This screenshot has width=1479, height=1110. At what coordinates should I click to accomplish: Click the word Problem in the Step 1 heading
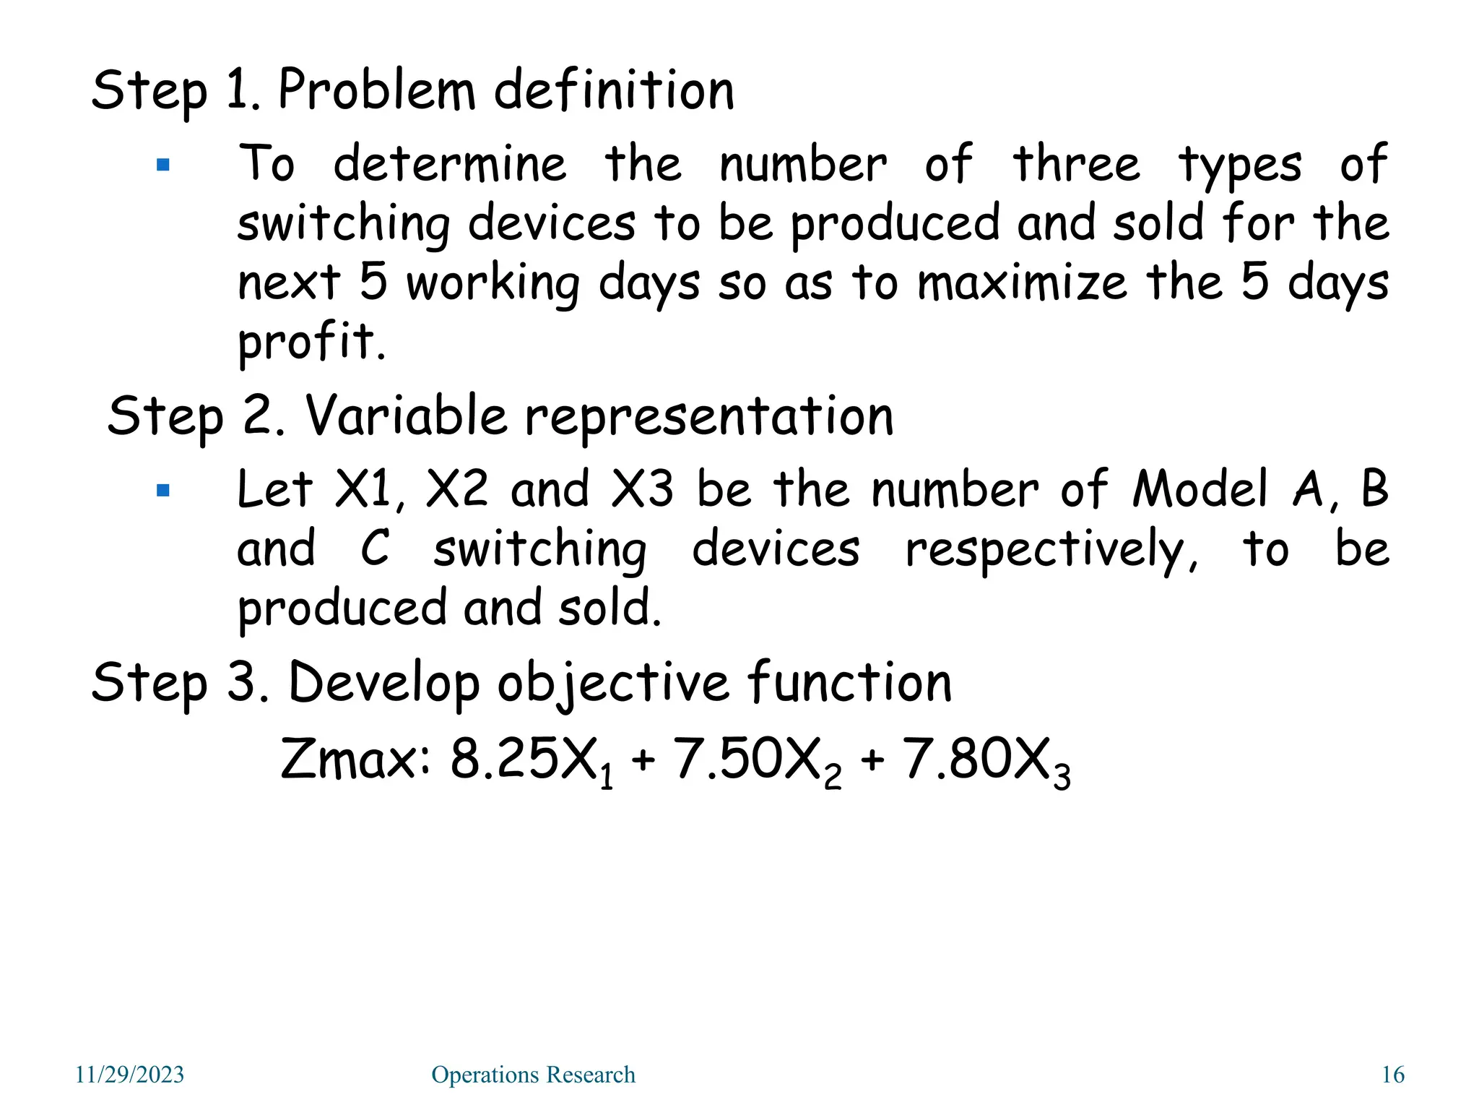tap(376, 91)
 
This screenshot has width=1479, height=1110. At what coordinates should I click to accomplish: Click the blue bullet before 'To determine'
tap(163, 165)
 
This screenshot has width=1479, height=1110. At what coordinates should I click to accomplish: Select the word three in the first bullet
tap(1076, 164)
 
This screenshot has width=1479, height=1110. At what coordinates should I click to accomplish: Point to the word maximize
tap(1021, 283)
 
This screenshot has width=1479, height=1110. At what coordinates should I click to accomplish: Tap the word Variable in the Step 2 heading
tap(406, 417)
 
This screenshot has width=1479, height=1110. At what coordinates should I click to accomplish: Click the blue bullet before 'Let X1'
tap(163, 491)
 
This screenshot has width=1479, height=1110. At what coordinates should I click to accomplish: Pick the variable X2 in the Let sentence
tap(456, 490)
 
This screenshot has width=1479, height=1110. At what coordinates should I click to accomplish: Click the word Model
tap(1200, 490)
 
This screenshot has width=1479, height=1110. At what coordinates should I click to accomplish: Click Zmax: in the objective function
tap(355, 760)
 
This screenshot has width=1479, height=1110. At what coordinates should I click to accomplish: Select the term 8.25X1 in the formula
tap(532, 762)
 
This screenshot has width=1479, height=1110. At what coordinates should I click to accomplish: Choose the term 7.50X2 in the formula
tap(757, 762)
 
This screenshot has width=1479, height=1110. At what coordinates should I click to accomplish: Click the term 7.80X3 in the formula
tap(986, 762)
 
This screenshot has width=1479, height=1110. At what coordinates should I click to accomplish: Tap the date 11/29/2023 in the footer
tap(130, 1075)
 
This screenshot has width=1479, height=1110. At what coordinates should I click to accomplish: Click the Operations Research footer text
tap(533, 1075)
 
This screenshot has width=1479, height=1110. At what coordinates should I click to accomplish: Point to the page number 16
tap(1392, 1075)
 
